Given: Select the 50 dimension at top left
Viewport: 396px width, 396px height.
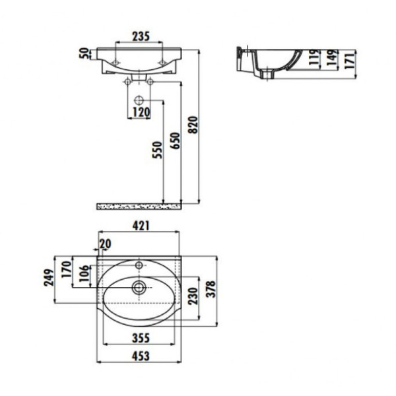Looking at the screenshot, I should [84, 53].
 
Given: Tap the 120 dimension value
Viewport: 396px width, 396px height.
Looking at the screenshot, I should [139, 112].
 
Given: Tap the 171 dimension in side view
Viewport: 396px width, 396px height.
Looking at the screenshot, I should [350, 59].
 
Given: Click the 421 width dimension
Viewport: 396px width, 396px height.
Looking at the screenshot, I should [139, 226].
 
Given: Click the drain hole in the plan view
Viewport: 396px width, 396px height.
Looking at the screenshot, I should [139, 288].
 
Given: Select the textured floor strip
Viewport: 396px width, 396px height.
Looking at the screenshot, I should [139, 206].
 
